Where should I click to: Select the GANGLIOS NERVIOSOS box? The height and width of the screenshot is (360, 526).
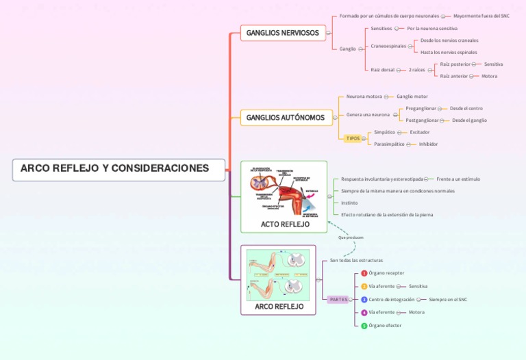click(x=282, y=33)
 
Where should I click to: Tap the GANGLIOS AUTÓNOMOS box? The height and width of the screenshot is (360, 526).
click(x=286, y=118)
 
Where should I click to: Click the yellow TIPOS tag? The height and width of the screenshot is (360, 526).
click(x=353, y=138)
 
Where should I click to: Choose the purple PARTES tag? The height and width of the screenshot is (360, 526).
click(x=338, y=300)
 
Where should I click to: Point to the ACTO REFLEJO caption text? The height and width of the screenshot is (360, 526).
click(x=285, y=224)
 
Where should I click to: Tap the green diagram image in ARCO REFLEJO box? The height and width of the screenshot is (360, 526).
click(x=278, y=274)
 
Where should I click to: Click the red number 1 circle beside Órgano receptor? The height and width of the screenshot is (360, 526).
click(x=364, y=273)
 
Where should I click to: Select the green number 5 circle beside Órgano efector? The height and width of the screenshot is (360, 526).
click(x=364, y=326)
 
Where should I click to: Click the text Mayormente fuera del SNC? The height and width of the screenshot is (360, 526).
click(x=481, y=15)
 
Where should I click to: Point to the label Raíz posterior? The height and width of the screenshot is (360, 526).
click(x=455, y=64)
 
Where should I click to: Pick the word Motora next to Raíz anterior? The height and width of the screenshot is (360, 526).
click(x=489, y=76)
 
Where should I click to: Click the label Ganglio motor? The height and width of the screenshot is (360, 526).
click(x=412, y=97)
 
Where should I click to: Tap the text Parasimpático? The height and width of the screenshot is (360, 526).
click(x=389, y=144)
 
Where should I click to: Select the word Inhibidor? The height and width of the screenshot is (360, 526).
click(x=428, y=144)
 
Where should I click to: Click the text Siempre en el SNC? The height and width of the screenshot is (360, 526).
click(x=448, y=299)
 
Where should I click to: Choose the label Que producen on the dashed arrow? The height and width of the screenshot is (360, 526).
click(x=351, y=237)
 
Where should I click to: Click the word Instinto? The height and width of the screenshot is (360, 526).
click(x=349, y=203)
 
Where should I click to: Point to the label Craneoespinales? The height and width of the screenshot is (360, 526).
click(x=388, y=46)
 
